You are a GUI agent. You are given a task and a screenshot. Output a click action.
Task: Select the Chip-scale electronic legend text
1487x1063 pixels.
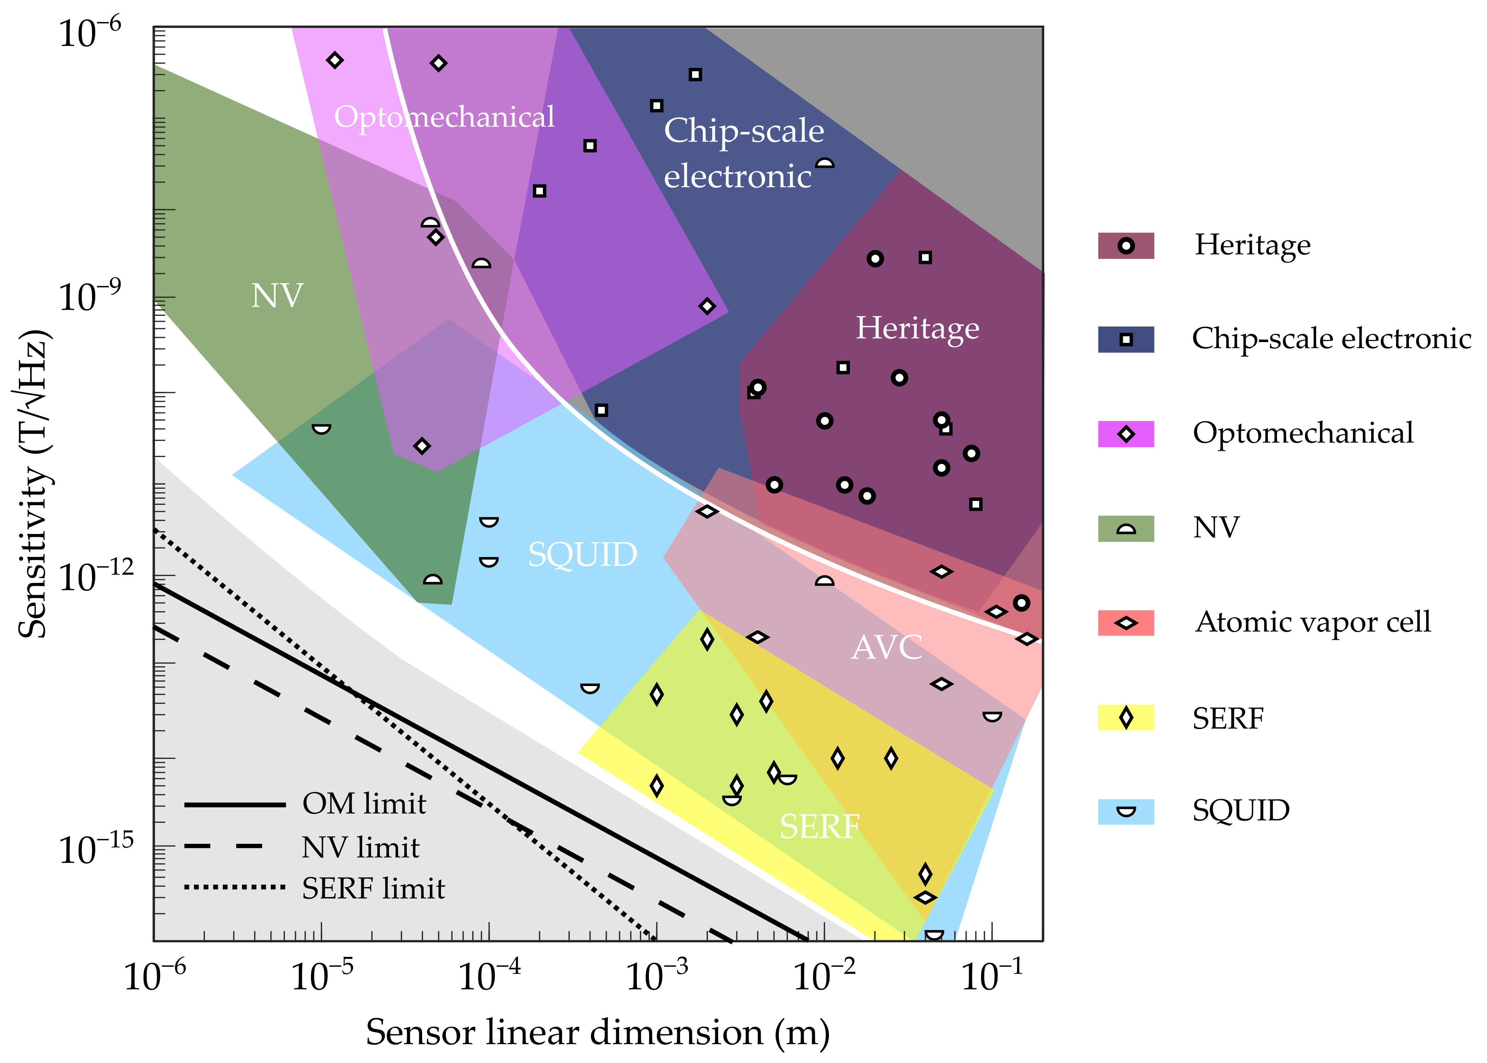[1331, 339]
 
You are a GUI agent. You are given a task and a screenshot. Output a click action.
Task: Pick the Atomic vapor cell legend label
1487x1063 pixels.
[1312, 622]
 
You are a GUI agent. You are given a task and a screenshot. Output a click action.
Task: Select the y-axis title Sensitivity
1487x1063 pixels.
[33, 484]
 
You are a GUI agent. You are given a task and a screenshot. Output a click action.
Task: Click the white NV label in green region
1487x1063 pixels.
[277, 296]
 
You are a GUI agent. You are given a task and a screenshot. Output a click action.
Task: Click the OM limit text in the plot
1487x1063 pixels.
[364, 804]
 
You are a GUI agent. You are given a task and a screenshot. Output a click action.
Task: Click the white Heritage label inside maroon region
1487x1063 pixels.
[917, 328]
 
